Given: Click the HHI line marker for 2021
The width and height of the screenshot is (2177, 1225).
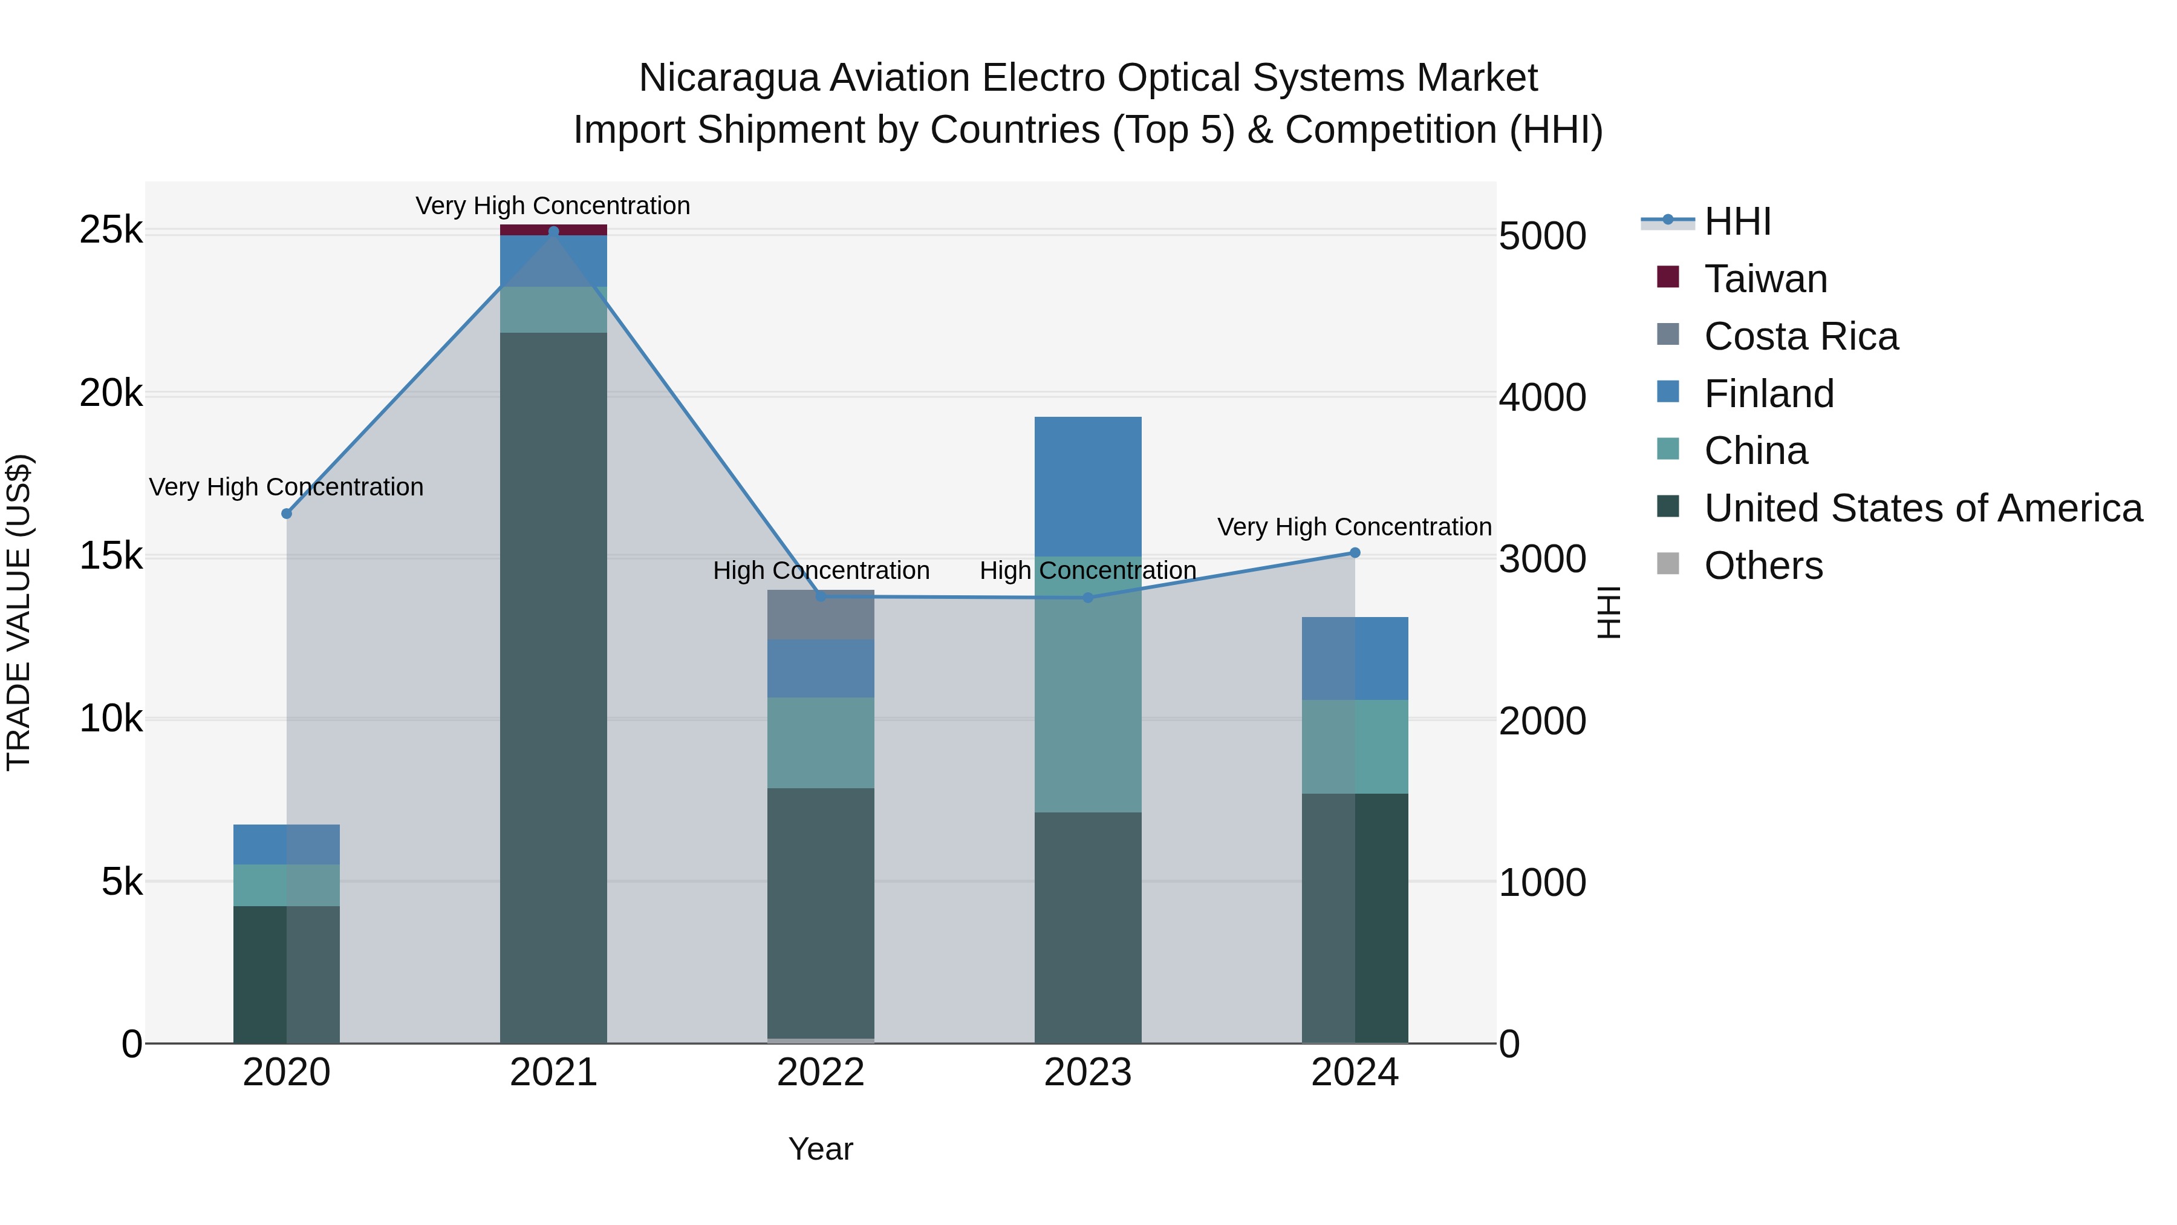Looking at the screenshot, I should [553, 231].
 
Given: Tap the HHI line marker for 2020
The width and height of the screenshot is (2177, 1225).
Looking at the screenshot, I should [287, 513].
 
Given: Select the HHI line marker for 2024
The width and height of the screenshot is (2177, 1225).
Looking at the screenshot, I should [1355, 553].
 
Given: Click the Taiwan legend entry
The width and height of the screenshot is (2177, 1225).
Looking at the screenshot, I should [1765, 279].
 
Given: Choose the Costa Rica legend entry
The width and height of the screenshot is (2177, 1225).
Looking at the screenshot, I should [1801, 336].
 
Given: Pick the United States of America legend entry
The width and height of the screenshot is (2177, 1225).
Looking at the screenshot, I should [1922, 508].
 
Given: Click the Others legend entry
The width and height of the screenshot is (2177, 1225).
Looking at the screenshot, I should [1763, 566].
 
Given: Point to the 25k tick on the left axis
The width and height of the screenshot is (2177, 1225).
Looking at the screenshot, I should [111, 230].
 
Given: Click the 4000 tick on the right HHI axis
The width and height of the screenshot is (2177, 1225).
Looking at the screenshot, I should [1542, 397].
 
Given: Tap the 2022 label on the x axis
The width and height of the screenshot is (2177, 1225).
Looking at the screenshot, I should [821, 1073].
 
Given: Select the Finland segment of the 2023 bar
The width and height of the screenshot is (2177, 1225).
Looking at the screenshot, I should [1088, 486].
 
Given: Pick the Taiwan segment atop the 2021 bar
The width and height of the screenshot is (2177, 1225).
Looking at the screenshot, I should [553, 230].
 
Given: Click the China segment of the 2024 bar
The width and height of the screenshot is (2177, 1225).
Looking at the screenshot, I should [1355, 746].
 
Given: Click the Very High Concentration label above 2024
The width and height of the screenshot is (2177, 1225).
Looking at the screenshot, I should [1354, 527].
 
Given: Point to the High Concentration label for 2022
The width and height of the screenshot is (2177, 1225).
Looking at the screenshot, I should [821, 570].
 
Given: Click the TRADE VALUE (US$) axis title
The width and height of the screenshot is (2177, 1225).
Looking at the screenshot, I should [19, 612].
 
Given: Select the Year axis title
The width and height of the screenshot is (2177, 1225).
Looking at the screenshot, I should [821, 1149].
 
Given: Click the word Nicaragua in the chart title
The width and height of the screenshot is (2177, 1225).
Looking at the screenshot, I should [729, 78].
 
